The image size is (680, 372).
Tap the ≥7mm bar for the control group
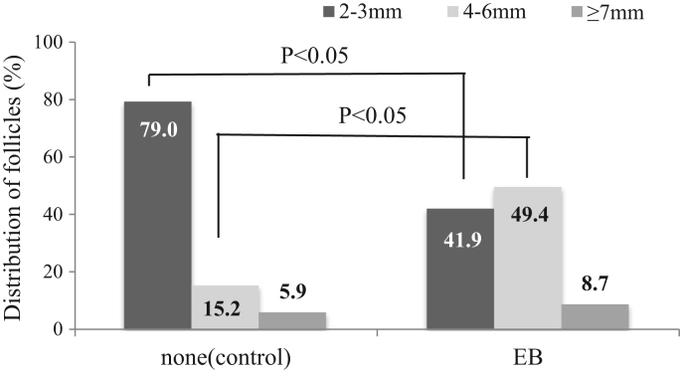pyautogui.click(x=292, y=319)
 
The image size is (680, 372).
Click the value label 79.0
pyautogui.click(x=158, y=127)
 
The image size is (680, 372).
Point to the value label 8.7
pyautogui.click(x=595, y=288)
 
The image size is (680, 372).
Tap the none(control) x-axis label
pyautogui.click(x=225, y=355)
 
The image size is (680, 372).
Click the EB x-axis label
pyautogui.click(x=527, y=355)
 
